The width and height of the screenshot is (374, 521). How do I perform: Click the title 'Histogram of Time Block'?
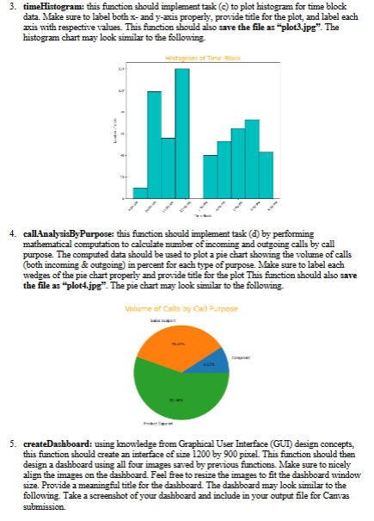[x=188, y=57]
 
